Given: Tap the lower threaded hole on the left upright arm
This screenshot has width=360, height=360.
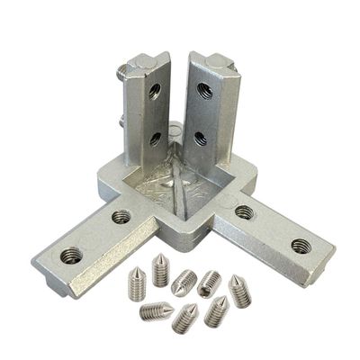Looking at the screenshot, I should point(155,138).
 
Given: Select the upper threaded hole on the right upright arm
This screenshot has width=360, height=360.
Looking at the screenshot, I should point(205,90).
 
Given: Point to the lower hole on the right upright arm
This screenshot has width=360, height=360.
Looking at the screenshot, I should point(199,139).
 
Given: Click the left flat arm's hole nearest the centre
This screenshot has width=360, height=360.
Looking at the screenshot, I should point(121,216).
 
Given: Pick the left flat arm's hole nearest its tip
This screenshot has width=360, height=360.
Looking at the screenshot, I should point(71,255).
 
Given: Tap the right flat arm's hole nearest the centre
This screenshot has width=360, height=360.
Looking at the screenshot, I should point(244,212).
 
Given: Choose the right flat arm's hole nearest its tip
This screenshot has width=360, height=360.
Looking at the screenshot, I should point(300,245).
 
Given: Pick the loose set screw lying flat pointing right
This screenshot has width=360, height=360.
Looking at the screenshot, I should point(184,281).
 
